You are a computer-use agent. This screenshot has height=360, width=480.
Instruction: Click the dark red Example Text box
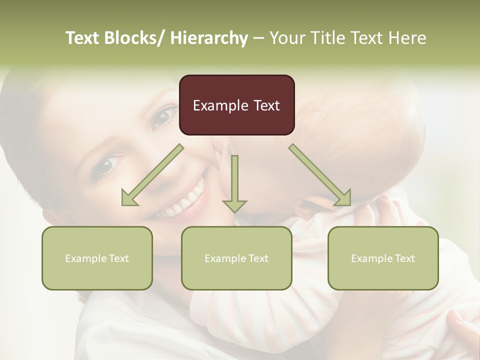pos(236,105)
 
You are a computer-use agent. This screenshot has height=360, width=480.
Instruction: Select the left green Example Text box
pos(97,258)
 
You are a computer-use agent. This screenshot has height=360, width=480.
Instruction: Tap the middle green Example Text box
pos(236,258)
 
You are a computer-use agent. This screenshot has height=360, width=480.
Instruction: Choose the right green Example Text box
pos(383,258)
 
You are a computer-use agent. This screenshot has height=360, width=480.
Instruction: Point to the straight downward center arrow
pos(234,183)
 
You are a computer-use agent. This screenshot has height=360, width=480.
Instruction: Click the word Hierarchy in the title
pos(209,38)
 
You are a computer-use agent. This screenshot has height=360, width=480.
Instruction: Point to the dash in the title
pos(258,38)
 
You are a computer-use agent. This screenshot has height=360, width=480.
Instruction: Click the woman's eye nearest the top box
pos(162,117)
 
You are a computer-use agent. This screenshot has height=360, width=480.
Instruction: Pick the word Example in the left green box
pos(86,258)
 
